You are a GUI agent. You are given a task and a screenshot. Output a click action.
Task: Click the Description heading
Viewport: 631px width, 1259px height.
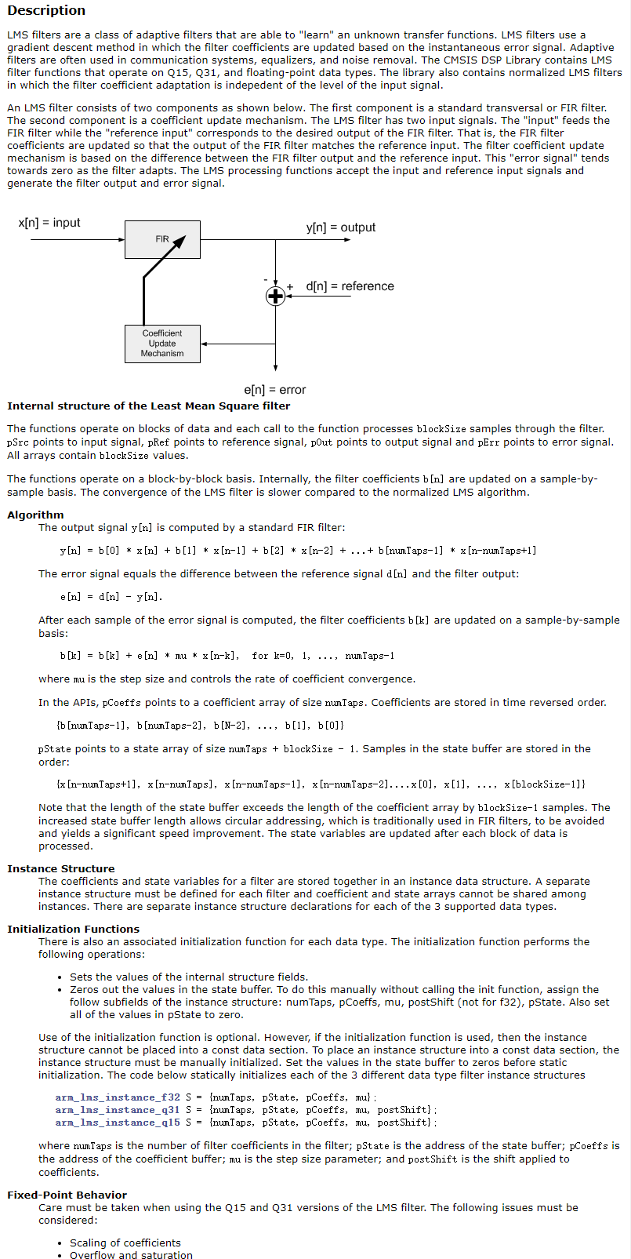point(46,11)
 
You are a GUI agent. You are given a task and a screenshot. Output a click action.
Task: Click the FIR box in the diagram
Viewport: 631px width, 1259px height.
point(162,239)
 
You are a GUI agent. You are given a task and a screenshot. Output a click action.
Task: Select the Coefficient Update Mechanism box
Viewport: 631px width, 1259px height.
point(162,344)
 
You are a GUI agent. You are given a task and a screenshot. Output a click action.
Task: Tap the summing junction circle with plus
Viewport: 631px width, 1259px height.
point(275,296)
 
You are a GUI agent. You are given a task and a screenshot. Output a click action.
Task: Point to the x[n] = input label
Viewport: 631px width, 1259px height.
point(49,223)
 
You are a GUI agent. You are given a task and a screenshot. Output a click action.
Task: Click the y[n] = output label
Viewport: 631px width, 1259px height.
point(340,227)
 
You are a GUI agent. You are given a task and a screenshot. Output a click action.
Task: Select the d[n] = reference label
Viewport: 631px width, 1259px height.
point(350,286)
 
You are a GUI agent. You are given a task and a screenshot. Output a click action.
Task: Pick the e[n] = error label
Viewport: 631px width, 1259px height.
point(275,390)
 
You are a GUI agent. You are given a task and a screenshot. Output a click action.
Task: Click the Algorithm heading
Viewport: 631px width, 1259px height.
point(35,515)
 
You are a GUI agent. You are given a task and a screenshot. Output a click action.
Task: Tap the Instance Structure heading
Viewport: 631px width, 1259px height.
point(60,869)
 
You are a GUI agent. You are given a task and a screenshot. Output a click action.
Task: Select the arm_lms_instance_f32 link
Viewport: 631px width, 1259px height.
point(118,1097)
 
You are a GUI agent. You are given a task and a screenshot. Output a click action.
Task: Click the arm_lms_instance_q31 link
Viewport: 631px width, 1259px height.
point(118,1110)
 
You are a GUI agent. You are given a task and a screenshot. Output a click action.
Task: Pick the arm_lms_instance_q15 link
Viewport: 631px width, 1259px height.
point(118,1123)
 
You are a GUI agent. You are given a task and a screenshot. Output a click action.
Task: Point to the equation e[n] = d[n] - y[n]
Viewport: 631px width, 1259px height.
point(111,597)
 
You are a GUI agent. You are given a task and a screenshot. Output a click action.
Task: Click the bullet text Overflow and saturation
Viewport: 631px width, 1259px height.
point(131,1256)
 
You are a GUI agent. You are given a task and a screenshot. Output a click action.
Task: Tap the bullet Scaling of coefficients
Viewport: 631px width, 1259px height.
point(125,1243)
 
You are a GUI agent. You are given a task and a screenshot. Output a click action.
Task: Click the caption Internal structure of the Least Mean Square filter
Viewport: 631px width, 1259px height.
point(149,406)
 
